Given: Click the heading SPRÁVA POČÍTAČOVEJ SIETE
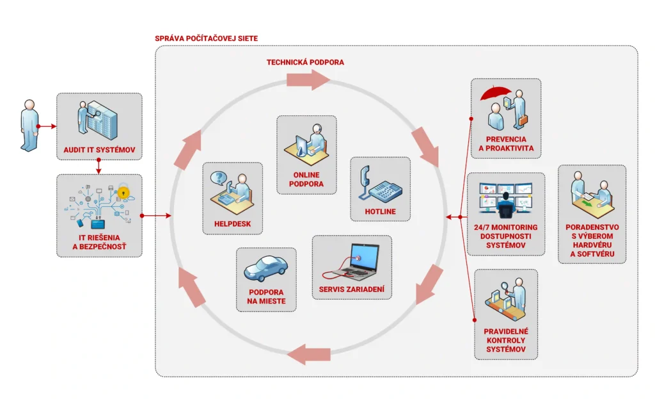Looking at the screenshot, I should click(x=206, y=38).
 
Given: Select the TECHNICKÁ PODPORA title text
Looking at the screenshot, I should click(x=305, y=62).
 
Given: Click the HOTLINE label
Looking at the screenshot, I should click(x=380, y=211).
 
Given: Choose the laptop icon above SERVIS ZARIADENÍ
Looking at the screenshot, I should click(x=352, y=261).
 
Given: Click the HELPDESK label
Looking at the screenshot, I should click(x=232, y=224).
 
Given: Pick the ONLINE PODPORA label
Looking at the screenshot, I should click(x=306, y=179).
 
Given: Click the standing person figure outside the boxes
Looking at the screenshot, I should click(x=29, y=125).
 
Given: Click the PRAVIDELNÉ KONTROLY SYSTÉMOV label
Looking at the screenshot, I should click(x=505, y=340).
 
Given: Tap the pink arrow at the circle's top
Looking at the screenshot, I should click(x=308, y=80).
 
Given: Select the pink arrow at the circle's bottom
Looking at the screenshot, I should click(x=309, y=353).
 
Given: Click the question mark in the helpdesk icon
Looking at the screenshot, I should click(x=219, y=177).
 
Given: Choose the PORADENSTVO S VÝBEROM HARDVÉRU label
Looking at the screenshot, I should click(x=592, y=243).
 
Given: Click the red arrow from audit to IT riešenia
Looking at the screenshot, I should click(x=99, y=166).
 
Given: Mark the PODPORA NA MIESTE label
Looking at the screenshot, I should click(x=266, y=296).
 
